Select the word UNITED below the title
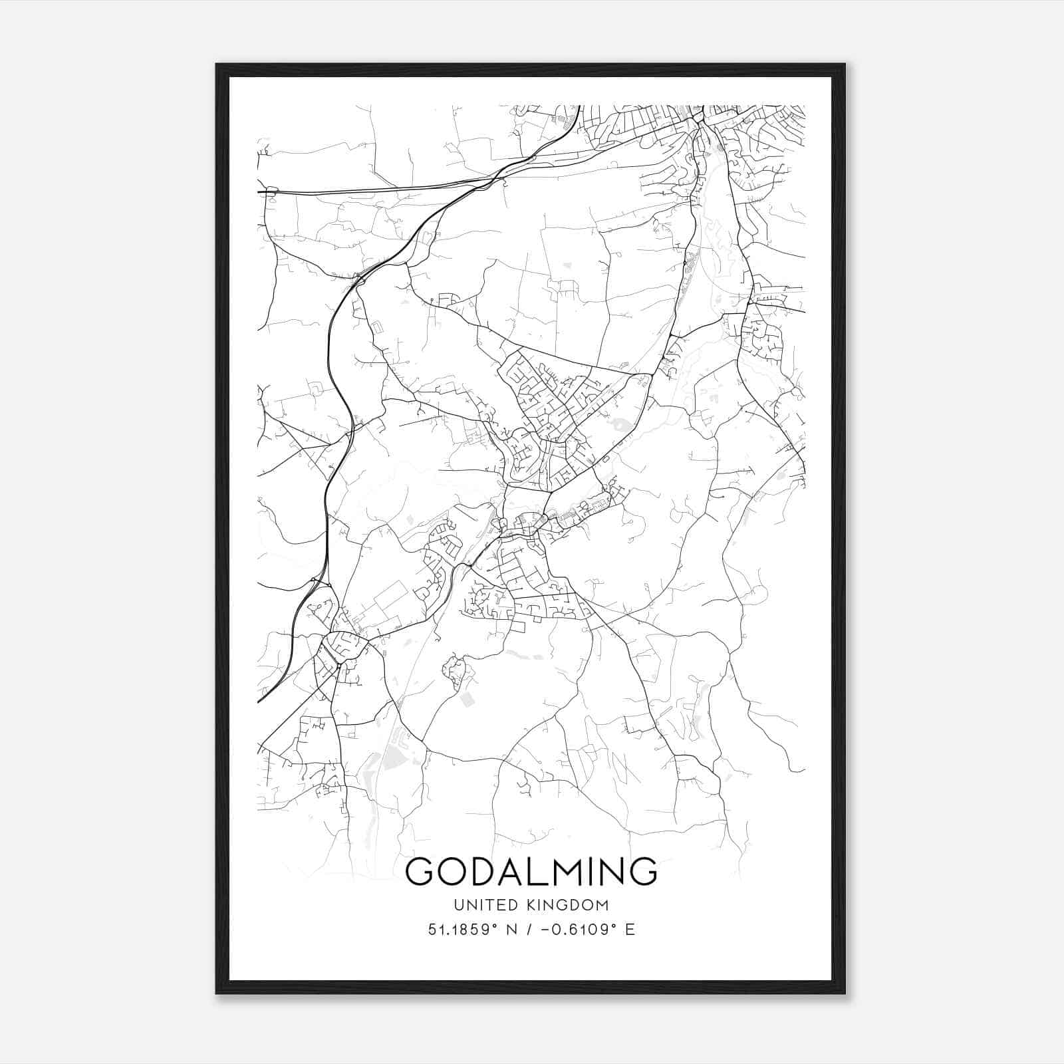485,905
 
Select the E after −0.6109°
630,929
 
